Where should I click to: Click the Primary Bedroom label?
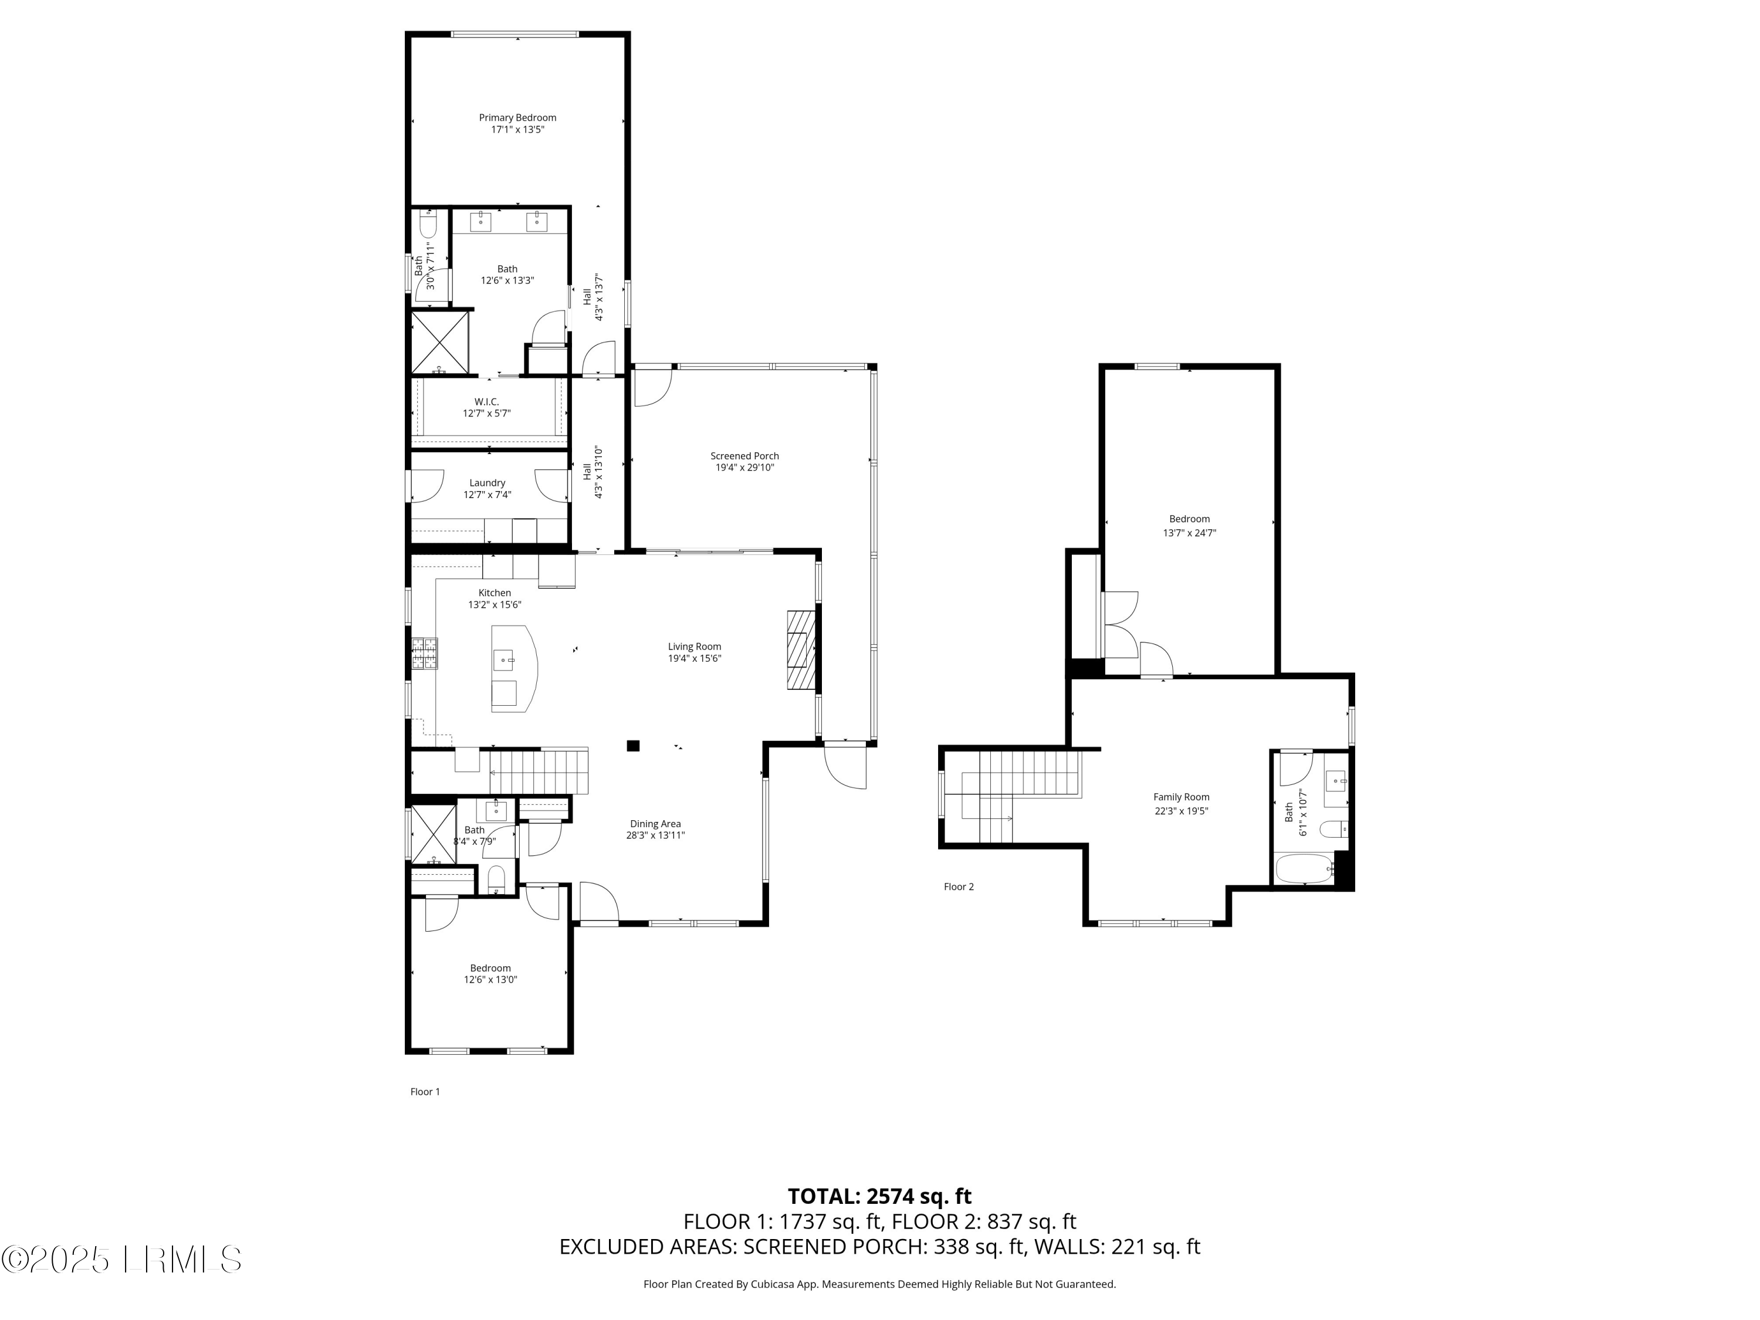point(517,118)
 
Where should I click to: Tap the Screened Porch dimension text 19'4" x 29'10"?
point(744,468)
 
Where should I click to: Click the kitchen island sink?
point(505,659)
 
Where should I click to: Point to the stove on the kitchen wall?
point(424,653)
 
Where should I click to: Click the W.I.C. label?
point(486,402)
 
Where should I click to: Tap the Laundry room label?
point(487,483)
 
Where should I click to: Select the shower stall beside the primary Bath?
point(439,342)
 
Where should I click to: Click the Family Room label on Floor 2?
point(1181,797)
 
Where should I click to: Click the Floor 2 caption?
point(958,886)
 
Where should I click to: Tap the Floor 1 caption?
point(425,1092)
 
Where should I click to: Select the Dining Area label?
point(655,824)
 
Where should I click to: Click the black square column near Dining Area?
point(634,746)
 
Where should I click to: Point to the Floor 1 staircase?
point(538,771)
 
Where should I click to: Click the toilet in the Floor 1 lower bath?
point(496,878)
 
